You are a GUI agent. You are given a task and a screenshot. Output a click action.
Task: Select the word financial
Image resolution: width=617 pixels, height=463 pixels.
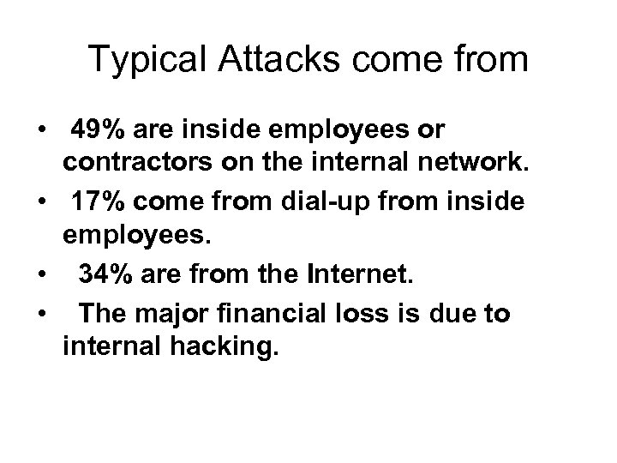282,314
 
